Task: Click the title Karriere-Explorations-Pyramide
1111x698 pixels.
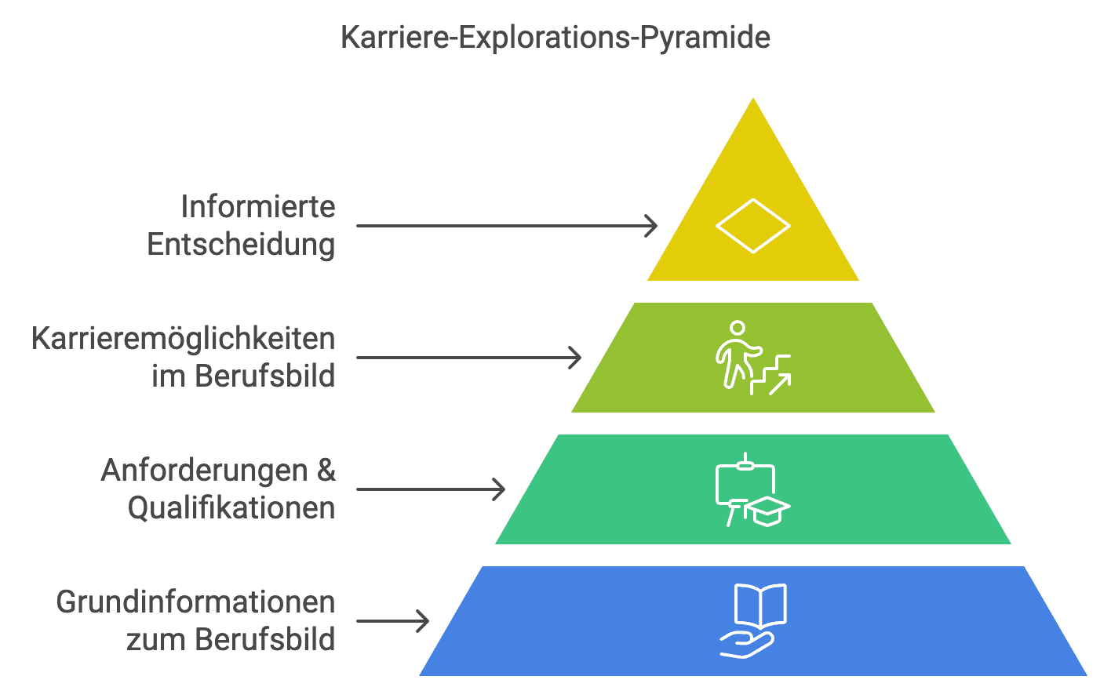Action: [555, 38]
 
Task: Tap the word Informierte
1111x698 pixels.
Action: [257, 207]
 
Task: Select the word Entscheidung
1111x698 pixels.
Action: [241, 245]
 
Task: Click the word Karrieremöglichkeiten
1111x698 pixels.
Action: [184, 339]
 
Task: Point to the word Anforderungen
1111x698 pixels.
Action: [204, 471]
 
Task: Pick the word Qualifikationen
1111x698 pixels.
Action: [231, 508]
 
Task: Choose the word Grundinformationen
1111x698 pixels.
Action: [195, 602]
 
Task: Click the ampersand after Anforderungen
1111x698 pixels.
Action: [326, 471]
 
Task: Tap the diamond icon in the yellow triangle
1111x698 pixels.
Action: [752, 226]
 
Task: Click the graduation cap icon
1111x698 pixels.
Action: [767, 511]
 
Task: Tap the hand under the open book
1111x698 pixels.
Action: [746, 645]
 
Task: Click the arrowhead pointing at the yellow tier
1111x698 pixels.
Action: [651, 226]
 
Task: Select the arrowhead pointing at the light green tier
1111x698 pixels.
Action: [575, 358]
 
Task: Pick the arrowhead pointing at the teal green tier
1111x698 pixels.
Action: [499, 489]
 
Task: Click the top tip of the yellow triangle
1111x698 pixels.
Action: [753, 100]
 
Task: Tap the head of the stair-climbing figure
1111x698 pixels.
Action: [737, 327]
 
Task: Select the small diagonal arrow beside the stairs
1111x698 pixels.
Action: [780, 384]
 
